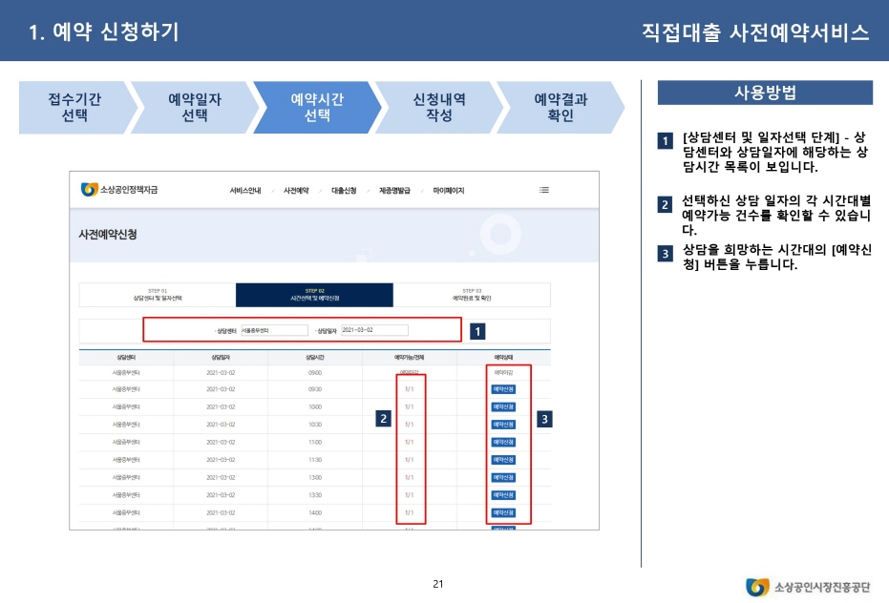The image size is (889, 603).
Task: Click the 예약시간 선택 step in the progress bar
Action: [x=316, y=107]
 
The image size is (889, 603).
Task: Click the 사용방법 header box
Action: [x=765, y=93]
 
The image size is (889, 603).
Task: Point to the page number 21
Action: [x=438, y=584]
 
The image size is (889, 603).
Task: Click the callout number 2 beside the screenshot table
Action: [x=383, y=418]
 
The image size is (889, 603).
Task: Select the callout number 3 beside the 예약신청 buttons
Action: [x=543, y=418]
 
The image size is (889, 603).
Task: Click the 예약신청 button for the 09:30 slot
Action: [x=503, y=389]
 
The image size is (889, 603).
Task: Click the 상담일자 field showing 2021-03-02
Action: [x=373, y=330]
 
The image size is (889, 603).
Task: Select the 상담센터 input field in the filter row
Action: [x=273, y=330]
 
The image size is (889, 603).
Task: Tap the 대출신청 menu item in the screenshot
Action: [x=344, y=191]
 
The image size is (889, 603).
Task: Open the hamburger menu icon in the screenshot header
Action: [x=544, y=190]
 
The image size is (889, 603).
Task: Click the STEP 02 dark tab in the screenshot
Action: [x=314, y=295]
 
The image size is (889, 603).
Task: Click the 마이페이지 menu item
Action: [x=448, y=191]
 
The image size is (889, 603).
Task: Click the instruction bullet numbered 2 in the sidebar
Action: [x=664, y=205]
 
